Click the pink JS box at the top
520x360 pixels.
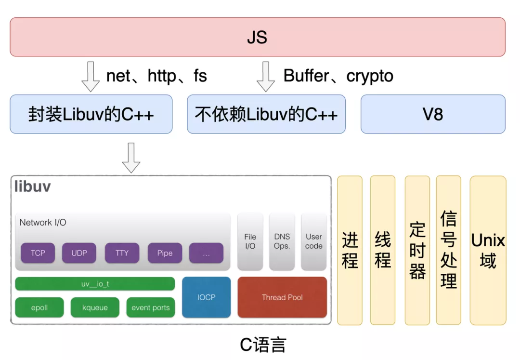[x=257, y=37]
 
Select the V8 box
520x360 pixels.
[x=432, y=114]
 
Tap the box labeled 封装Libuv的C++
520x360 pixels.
[x=91, y=114]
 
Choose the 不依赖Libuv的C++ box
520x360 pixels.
[x=266, y=114]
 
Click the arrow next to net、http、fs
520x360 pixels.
[x=91, y=77]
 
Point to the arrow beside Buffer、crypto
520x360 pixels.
[x=266, y=77]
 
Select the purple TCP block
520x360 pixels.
[x=38, y=253]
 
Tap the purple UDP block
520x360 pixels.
[x=79, y=253]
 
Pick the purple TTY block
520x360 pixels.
[x=122, y=253]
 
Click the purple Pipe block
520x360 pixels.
[x=165, y=253]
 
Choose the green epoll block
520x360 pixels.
[x=39, y=307]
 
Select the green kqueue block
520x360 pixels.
[x=95, y=307]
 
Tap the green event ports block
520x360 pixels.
[x=151, y=307]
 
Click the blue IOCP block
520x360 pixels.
[x=206, y=297]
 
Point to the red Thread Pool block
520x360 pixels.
[x=282, y=297]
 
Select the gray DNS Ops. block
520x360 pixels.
[x=282, y=241]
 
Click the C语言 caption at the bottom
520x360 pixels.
[x=263, y=345]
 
